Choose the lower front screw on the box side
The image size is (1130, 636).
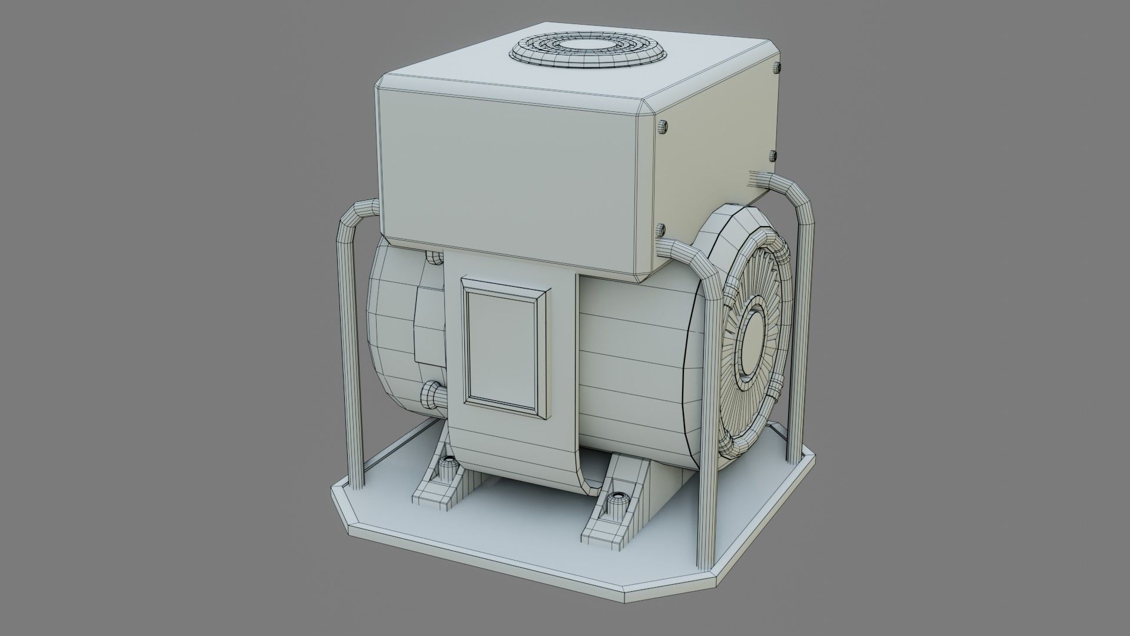click(x=660, y=228)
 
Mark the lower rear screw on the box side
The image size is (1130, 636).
click(x=773, y=155)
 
